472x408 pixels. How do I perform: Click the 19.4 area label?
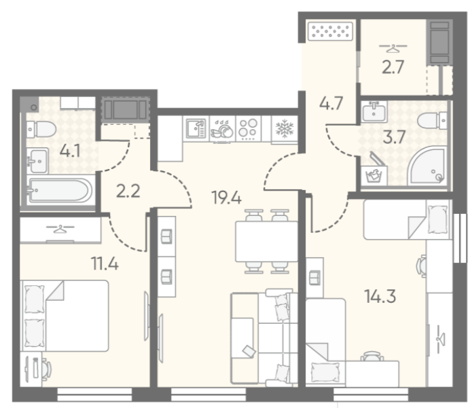click(x=226, y=198)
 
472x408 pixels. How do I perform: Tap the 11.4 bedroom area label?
click(x=105, y=264)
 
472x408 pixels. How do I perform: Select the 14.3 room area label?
click(x=380, y=296)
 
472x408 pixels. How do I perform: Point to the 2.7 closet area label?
click(x=393, y=67)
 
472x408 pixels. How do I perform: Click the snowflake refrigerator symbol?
click(x=285, y=129)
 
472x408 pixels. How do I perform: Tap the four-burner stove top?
click(x=249, y=129)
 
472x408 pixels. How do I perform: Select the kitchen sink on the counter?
click(x=196, y=128)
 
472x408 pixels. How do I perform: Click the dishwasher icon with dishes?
click(x=223, y=130)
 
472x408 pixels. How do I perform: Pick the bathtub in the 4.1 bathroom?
click(x=60, y=191)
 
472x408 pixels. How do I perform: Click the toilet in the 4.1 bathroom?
click(x=41, y=130)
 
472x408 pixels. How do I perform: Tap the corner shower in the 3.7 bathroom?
click(x=427, y=166)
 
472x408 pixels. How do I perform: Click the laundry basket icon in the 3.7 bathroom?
click(x=374, y=175)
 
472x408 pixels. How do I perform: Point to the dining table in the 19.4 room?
click(x=266, y=241)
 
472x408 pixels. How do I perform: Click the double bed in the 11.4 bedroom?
click(x=65, y=316)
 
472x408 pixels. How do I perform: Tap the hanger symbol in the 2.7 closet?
click(x=393, y=48)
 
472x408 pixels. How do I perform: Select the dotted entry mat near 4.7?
click(x=330, y=31)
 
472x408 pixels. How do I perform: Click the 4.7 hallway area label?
click(x=331, y=103)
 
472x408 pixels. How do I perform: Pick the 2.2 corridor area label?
click(x=128, y=191)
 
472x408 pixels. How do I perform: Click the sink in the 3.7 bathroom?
click(x=374, y=111)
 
